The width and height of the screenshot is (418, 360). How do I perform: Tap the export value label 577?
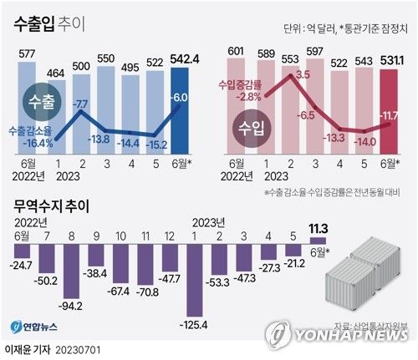tap(26, 55)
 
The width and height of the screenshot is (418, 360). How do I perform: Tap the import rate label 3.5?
tap(303, 74)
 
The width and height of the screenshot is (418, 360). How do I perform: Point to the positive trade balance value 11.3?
tap(319, 226)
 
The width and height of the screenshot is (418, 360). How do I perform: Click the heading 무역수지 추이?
tap(51, 205)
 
